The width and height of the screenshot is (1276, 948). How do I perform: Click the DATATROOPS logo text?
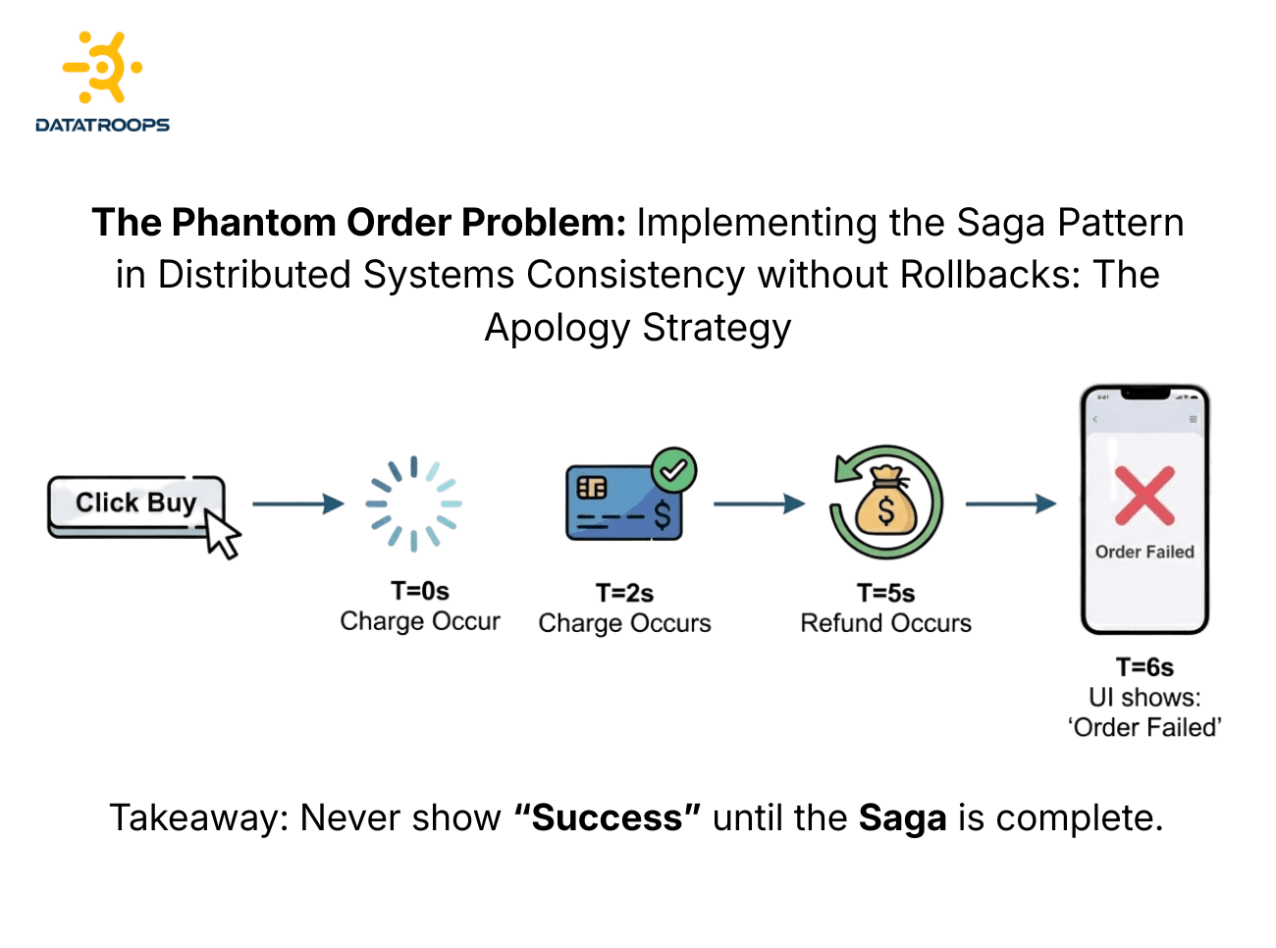point(102,125)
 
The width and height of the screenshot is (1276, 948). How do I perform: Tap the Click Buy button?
point(135,504)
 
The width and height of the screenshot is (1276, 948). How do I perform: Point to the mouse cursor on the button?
point(223,535)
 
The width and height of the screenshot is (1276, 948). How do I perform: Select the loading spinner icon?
point(413,503)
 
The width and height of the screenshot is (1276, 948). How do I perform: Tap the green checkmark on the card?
point(673,471)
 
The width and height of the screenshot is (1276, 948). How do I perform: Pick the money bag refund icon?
point(885,503)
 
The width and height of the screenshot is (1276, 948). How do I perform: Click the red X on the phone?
point(1144,496)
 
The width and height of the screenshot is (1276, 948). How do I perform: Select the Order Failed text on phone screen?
point(1144,552)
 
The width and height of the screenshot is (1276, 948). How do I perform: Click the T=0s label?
point(420,591)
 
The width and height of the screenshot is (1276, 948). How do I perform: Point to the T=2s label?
point(624,593)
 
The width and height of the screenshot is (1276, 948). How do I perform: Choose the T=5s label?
point(885,593)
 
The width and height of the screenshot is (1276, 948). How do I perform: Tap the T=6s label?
point(1144,667)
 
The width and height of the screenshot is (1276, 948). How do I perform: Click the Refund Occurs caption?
point(885,623)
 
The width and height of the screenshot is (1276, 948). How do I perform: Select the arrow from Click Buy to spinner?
point(298,503)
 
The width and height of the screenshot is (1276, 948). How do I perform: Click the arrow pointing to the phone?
point(1011,503)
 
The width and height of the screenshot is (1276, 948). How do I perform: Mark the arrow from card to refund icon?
point(759,503)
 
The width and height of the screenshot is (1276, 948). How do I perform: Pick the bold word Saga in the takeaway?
point(902,817)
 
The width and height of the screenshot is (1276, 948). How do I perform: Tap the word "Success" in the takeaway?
point(608,817)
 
